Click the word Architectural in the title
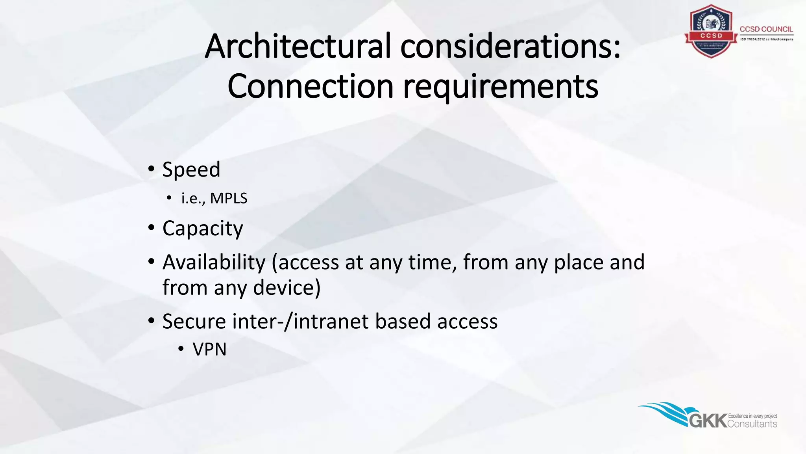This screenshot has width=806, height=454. (298, 47)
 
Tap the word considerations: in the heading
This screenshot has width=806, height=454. (510, 47)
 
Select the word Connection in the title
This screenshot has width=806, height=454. (311, 86)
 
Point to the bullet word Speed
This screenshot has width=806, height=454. (191, 170)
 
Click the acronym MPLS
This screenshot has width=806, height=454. (229, 198)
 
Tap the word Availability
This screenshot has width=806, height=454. (214, 262)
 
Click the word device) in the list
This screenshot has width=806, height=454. (287, 288)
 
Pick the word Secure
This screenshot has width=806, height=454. (194, 321)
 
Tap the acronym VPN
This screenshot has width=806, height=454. (209, 350)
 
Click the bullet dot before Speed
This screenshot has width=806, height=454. (152, 169)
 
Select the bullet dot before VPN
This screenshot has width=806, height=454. (181, 349)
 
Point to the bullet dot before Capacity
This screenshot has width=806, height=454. (152, 228)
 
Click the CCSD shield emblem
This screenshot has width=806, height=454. (711, 32)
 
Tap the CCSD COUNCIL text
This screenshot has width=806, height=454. (766, 29)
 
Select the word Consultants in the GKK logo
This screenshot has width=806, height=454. (752, 424)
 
